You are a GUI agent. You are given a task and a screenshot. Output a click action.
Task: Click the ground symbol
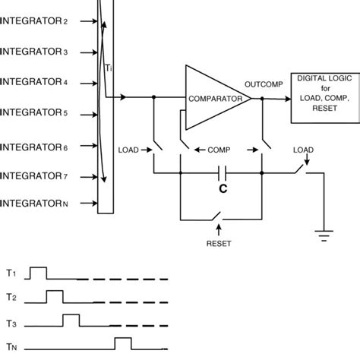(x=325, y=235)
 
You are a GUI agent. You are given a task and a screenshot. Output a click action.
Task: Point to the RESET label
(x=219, y=245)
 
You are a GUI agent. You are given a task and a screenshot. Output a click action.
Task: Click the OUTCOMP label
(x=262, y=84)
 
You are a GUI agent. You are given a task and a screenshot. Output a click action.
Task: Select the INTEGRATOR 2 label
(x=45, y=22)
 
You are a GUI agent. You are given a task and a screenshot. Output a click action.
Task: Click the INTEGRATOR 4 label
(x=45, y=81)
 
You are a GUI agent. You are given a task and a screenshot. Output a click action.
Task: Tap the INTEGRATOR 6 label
(x=45, y=144)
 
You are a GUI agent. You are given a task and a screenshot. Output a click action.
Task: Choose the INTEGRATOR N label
(x=45, y=203)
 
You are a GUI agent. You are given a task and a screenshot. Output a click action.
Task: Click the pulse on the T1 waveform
(x=38, y=273)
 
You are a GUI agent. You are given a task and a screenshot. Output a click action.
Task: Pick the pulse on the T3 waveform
(x=71, y=318)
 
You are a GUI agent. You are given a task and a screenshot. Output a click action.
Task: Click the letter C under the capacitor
(x=221, y=164)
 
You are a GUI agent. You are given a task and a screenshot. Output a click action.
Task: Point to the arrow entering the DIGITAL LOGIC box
(x=285, y=97)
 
